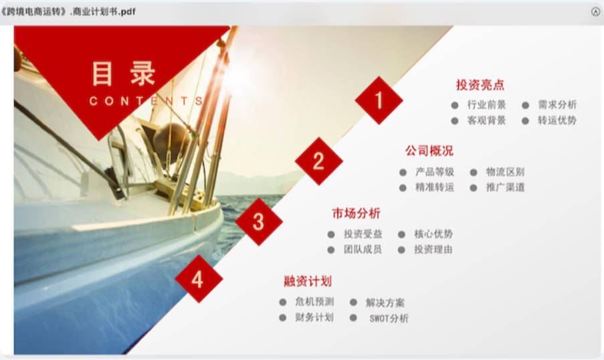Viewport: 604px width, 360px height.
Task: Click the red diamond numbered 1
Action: click(x=379, y=100)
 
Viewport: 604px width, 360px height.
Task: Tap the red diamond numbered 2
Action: click(x=318, y=161)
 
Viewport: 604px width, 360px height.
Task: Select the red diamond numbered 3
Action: click(x=258, y=221)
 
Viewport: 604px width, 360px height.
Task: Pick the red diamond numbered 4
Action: click(x=199, y=278)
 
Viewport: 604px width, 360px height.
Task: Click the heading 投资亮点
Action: click(x=480, y=85)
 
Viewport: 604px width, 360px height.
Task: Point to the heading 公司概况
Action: click(x=429, y=151)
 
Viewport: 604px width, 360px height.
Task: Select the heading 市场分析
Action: click(x=357, y=213)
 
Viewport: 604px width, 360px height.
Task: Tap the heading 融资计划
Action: click(x=308, y=281)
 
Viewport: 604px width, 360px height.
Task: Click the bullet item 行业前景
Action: click(x=486, y=105)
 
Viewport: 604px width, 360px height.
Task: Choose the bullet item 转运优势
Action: click(x=557, y=120)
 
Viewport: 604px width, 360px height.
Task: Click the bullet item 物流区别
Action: click(x=506, y=172)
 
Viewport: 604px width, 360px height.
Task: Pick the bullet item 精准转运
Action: click(x=435, y=188)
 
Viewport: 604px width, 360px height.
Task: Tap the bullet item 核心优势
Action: click(x=433, y=234)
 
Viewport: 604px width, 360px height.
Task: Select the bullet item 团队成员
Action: click(x=363, y=250)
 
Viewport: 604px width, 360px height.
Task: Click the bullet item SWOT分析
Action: click(x=389, y=319)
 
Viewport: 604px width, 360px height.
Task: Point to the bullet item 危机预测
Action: click(x=315, y=302)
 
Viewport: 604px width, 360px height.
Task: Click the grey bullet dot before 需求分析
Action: click(x=526, y=105)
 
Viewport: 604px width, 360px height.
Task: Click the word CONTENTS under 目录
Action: click(x=146, y=101)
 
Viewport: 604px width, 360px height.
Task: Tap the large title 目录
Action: click(x=123, y=73)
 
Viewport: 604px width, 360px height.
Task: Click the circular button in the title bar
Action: click(x=595, y=11)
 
